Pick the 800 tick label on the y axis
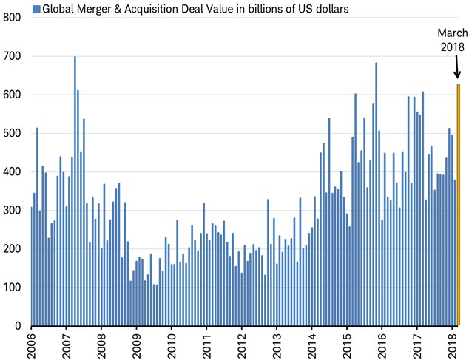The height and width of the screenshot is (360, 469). click(12, 17)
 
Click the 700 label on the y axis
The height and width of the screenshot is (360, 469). click(12, 56)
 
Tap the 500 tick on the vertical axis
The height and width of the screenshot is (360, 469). click(12, 133)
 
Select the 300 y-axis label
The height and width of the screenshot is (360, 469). click(12, 210)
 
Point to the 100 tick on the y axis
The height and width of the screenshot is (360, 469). click(12, 287)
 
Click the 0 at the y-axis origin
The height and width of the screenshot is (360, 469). click(18, 326)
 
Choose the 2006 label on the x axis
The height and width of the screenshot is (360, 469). click(30, 344)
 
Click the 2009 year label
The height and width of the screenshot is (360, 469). click(136, 344)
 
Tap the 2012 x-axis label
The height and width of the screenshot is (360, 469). click(242, 344)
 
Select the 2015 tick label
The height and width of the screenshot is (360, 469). click(347, 344)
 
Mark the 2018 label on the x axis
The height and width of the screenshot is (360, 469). click(453, 344)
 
